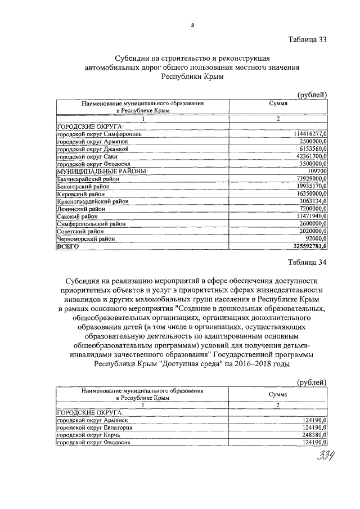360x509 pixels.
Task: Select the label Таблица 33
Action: (x=307, y=40)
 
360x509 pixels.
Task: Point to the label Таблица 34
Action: (x=307, y=262)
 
